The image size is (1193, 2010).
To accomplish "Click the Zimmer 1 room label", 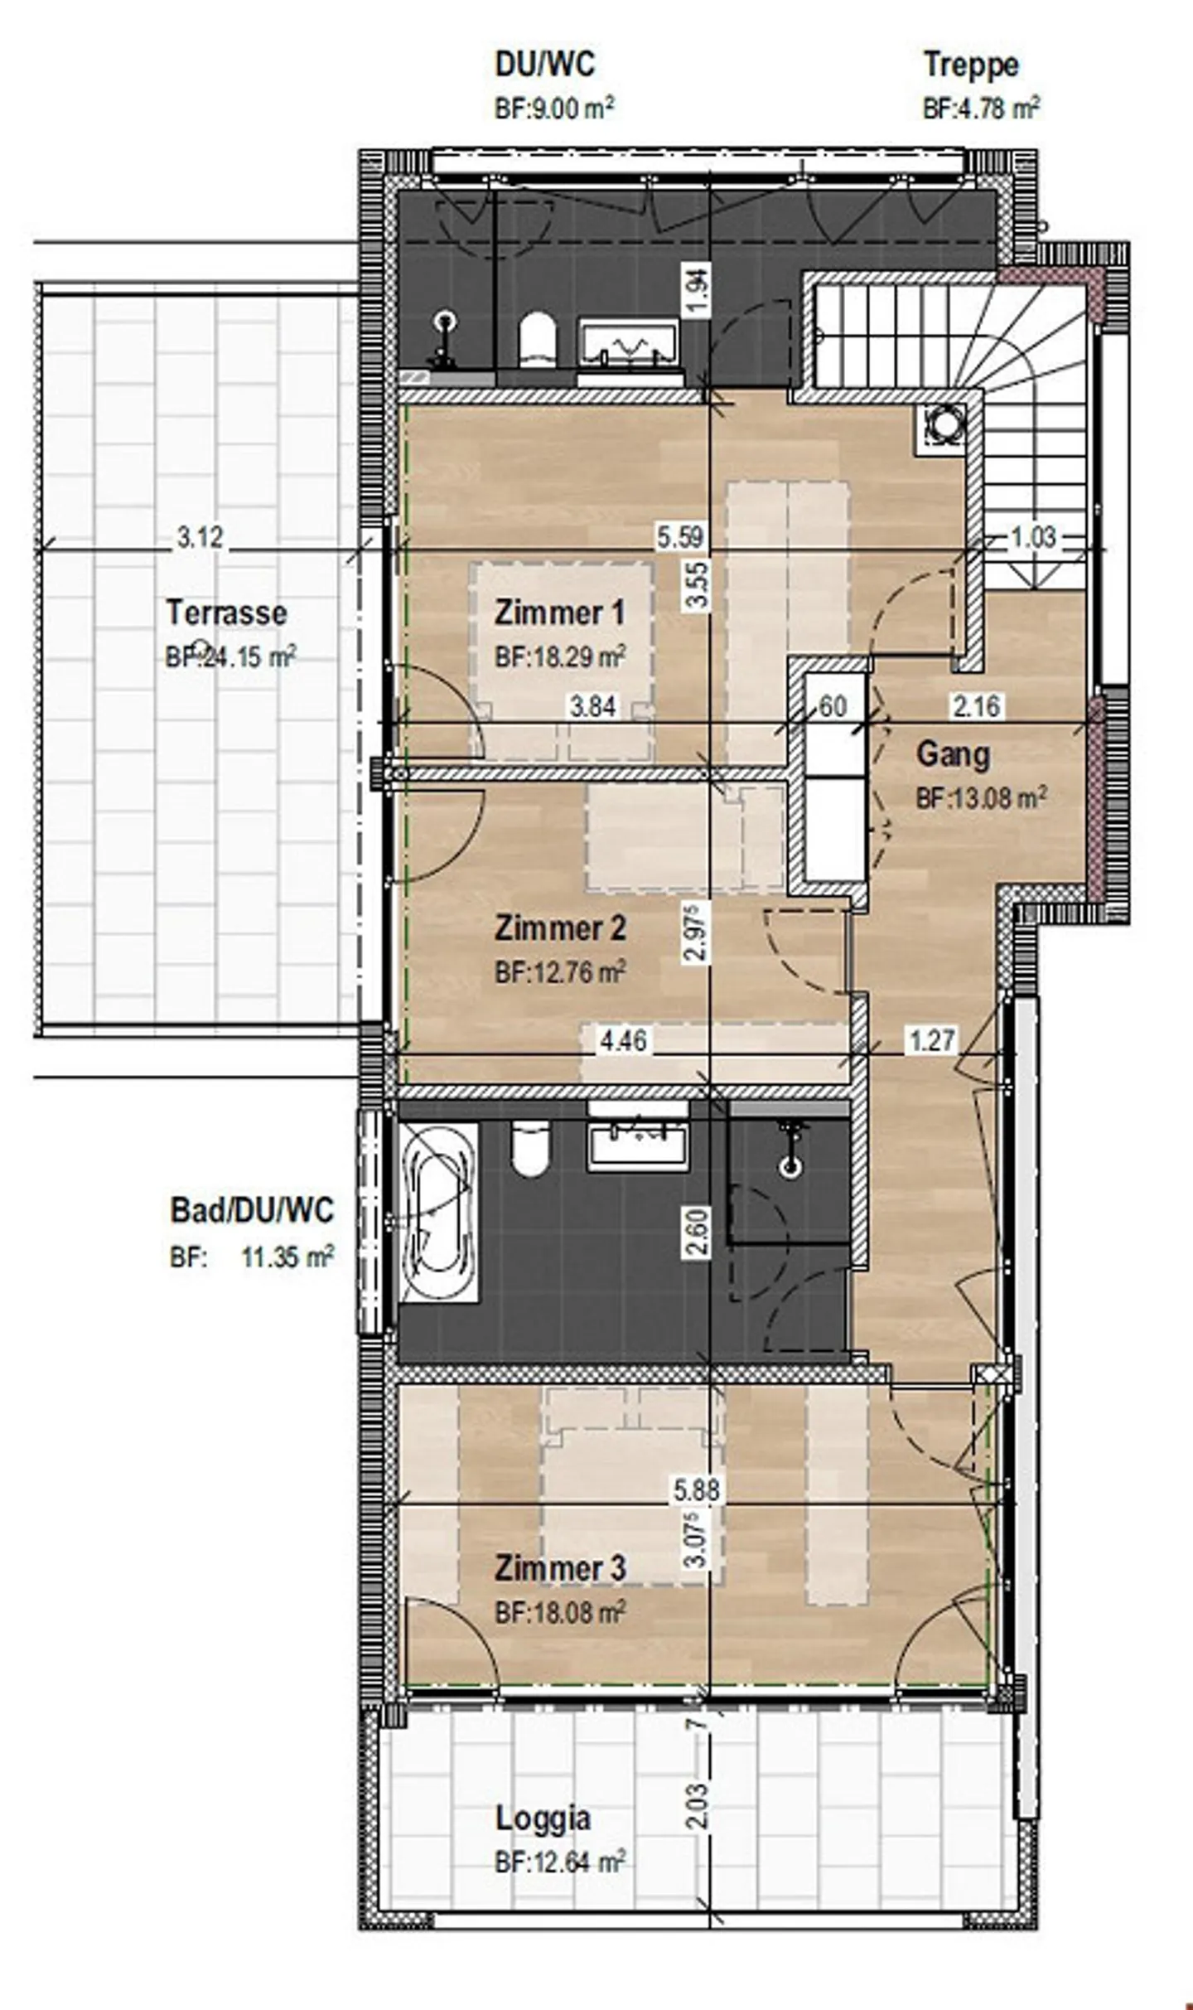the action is [559, 613].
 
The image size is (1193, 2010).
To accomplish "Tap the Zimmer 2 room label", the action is [559, 928].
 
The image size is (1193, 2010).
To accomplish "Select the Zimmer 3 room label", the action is [559, 1568].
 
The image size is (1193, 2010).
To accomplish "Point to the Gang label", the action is [953, 755].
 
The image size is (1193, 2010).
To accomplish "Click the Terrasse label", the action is [226, 613].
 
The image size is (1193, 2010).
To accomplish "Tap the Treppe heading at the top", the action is [970, 65].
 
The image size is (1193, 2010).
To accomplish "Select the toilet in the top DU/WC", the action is [536, 339].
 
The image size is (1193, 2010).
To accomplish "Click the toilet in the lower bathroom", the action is [530, 1148].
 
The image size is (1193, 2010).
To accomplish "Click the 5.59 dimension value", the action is [680, 537].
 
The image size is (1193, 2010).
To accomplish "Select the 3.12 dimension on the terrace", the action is [200, 537].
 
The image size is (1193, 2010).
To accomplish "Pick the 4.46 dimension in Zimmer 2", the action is [623, 1040].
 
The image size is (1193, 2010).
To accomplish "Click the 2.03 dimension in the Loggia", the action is [698, 1806].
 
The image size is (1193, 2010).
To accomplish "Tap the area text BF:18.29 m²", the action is [559, 658].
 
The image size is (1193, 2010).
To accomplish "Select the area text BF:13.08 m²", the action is [981, 798].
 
